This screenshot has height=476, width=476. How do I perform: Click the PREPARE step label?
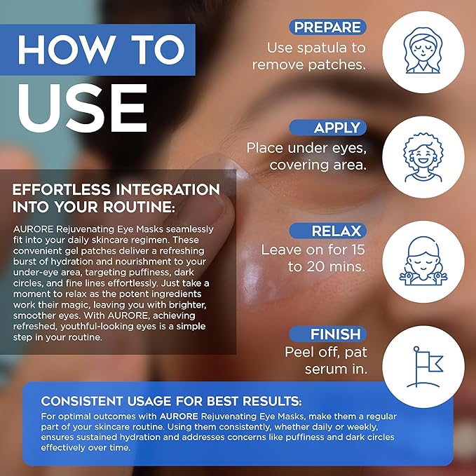coord(327,27)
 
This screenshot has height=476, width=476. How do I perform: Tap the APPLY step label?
coord(337,128)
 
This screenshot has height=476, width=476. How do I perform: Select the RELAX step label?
coord(336,231)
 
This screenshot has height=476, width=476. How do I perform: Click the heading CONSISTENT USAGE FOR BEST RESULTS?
coord(172,402)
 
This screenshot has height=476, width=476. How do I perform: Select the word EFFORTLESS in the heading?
coord(57,190)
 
